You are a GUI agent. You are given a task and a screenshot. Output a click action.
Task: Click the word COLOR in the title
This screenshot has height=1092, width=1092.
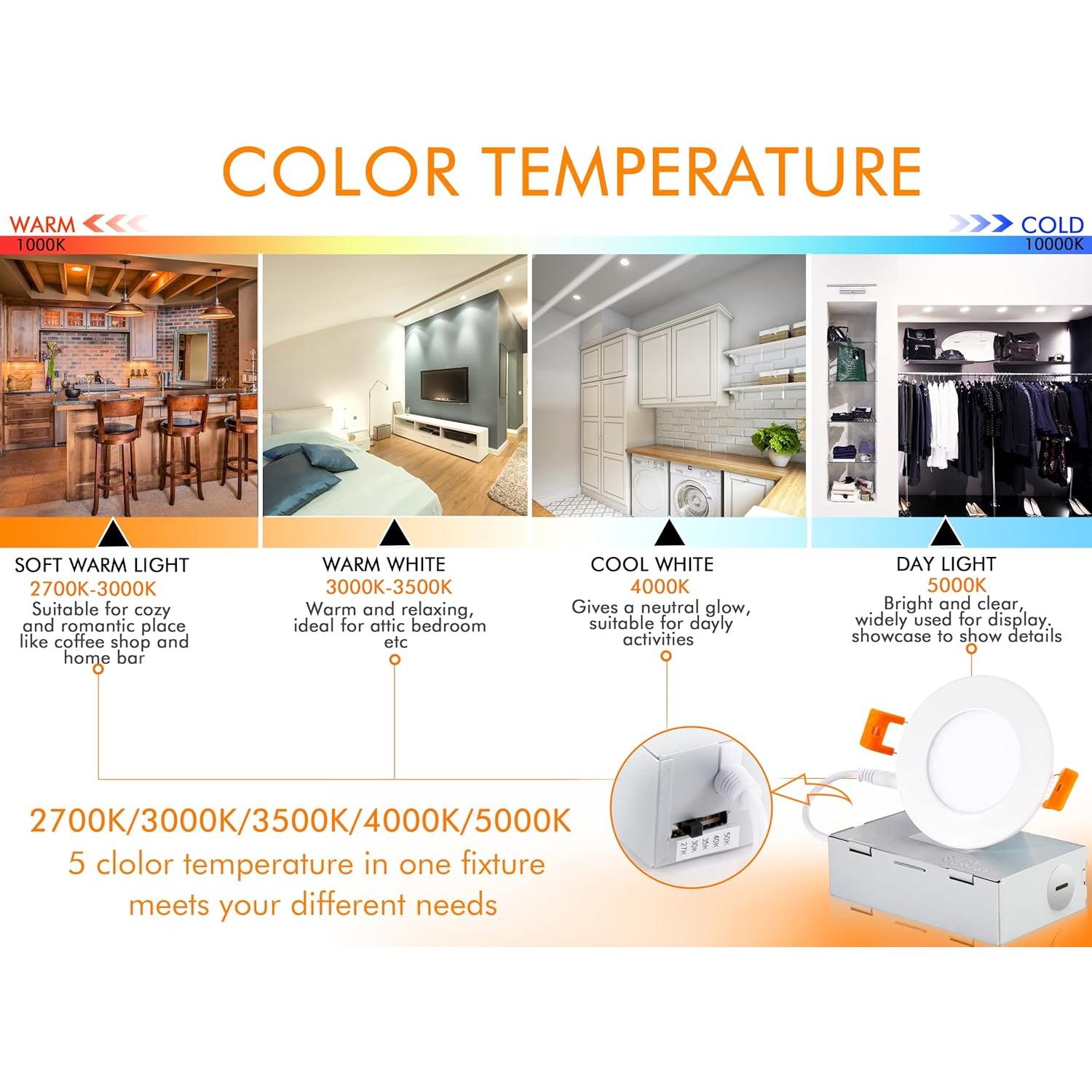[x=341, y=171]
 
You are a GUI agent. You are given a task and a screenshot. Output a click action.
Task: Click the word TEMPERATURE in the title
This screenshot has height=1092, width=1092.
[x=703, y=171]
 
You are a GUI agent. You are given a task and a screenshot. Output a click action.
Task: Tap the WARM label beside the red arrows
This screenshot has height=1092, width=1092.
[x=41, y=225]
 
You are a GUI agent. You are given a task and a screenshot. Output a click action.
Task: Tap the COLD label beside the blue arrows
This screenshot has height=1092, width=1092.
[x=1053, y=225]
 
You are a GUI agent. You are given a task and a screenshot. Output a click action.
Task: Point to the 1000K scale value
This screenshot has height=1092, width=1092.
[x=41, y=245]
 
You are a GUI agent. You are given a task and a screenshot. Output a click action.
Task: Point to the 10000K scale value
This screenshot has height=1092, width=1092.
[x=1054, y=245]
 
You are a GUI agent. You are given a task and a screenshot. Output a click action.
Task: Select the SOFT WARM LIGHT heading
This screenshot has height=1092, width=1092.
[x=102, y=565]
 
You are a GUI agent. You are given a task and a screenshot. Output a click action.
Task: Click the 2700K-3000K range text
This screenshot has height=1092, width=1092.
[x=93, y=588]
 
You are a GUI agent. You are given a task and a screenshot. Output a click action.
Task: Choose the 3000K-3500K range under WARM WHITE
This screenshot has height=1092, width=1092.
[x=389, y=587]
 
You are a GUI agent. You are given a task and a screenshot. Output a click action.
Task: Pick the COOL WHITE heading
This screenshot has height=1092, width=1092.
[x=652, y=564]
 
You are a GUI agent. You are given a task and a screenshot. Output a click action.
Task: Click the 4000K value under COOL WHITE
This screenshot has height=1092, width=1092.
[x=660, y=586]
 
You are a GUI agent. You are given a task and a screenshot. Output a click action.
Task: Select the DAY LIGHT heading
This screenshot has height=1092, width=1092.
[x=946, y=563]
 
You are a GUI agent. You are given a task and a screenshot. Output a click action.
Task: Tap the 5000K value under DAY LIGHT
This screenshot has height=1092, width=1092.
[x=957, y=585]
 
